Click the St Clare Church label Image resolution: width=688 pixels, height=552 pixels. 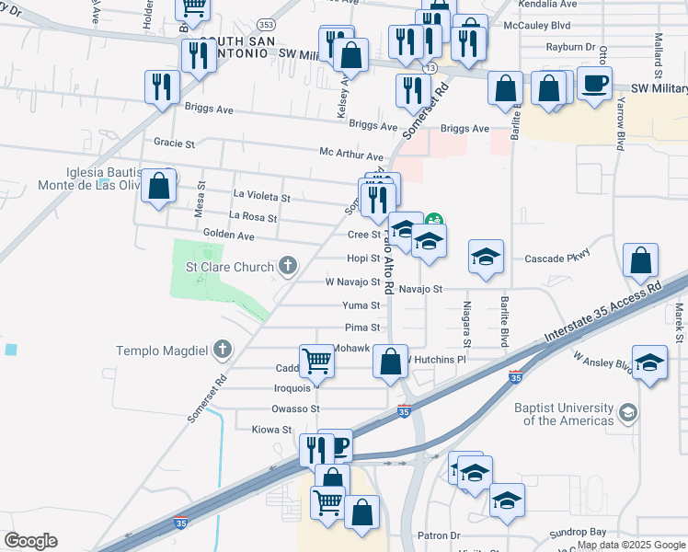[230, 268]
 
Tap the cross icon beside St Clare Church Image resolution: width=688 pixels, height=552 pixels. [288, 268]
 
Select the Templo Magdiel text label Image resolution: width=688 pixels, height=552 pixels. [162, 351]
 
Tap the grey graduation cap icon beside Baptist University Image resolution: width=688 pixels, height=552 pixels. [628, 410]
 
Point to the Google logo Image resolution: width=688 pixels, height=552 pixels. [30, 541]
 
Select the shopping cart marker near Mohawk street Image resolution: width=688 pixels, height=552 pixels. [316, 361]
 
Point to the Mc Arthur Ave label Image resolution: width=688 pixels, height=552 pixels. [351, 157]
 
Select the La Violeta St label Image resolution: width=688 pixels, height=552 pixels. [262, 197]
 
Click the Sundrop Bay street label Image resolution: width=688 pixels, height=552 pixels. [578, 533]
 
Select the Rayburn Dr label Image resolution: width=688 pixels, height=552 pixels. [569, 47]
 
